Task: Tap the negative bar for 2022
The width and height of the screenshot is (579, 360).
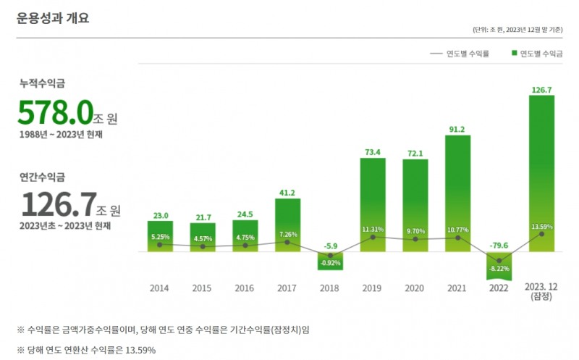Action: tap(499, 266)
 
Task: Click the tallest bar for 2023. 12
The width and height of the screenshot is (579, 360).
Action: tap(541, 174)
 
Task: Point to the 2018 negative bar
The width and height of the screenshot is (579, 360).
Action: tap(330, 261)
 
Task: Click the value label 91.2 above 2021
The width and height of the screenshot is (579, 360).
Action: tap(457, 130)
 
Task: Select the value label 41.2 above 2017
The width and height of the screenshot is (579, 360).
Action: tap(287, 193)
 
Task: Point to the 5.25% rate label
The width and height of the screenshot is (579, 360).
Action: tap(161, 237)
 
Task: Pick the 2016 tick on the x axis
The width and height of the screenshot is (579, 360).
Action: tap(245, 288)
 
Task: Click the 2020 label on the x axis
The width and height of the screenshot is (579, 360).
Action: tap(414, 288)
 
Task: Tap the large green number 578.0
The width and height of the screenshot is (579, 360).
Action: tap(55, 114)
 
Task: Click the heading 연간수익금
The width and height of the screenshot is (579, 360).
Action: tap(43, 176)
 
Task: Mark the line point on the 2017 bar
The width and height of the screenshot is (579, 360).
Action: tap(287, 242)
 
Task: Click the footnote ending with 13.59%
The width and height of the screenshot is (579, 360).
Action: tap(86, 349)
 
